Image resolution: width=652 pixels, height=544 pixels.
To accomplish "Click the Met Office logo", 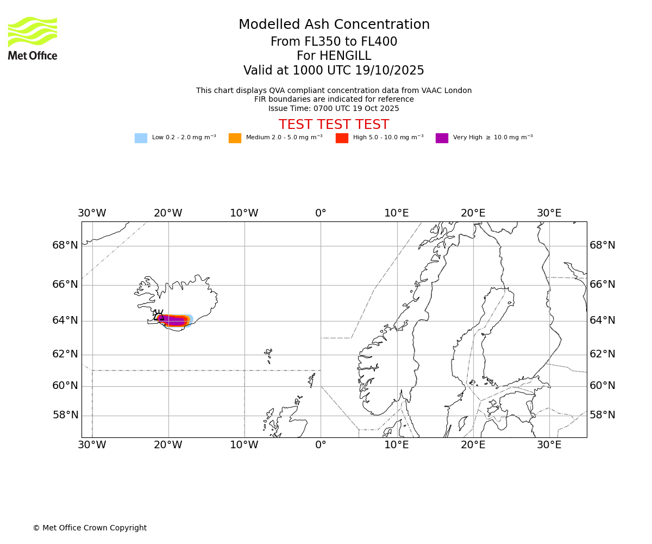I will [33, 38].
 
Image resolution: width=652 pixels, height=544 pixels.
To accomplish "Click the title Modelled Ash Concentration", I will [334, 25].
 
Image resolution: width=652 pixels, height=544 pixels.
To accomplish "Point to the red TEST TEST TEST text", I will [334, 125].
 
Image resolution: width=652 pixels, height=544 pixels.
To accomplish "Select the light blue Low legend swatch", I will [141, 138].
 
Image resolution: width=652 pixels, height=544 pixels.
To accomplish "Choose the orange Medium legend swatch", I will [235, 138].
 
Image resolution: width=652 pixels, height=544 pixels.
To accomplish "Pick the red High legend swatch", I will [342, 138].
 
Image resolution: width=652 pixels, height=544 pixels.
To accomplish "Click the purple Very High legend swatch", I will [442, 138].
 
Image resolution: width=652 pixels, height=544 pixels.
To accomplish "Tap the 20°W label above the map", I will [168, 213].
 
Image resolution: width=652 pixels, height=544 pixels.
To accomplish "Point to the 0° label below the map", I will [321, 445].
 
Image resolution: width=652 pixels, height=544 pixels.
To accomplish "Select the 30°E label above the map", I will [549, 213].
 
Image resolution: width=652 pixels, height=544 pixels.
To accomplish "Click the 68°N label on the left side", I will [65, 245].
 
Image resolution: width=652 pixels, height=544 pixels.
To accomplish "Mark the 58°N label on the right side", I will [603, 415].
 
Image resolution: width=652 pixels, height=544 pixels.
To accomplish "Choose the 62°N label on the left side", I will [65, 354].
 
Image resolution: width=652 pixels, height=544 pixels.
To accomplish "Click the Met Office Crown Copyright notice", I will [90, 528].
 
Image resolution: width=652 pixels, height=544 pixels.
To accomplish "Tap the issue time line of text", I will [334, 108].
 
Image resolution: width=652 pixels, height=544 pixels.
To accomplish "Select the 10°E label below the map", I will [397, 445].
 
